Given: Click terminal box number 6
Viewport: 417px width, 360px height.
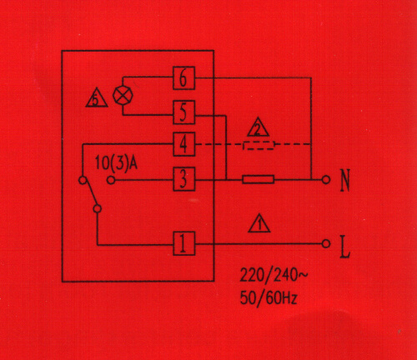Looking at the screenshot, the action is coord(183,78).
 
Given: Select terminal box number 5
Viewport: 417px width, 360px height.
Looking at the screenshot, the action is coord(183,112).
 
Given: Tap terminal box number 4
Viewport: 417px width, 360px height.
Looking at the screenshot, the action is coord(183,144).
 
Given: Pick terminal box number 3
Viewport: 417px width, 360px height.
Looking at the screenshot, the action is coord(183,179).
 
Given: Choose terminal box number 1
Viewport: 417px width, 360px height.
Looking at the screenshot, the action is coord(183,243).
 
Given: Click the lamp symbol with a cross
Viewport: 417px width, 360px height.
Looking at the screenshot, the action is coord(123,95).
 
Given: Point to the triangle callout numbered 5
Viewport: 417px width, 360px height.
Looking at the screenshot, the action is coord(97,97).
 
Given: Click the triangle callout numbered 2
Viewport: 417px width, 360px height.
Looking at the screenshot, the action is coord(258,127).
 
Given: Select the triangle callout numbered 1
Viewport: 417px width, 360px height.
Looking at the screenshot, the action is coord(259,223).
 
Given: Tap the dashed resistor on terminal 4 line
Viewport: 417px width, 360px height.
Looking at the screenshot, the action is coord(259,145).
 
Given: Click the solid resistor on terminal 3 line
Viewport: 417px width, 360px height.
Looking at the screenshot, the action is coord(259,179).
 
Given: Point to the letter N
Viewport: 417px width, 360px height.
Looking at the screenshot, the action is coord(345,180).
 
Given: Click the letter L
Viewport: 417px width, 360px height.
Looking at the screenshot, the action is coord(345,247).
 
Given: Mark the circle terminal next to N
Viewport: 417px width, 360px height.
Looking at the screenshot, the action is coord(326,180).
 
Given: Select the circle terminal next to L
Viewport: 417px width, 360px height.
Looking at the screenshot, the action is coord(326,244).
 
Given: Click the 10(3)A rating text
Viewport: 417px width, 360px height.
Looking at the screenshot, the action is coord(116,163).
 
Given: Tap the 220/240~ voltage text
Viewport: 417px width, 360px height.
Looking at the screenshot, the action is coord(274,275).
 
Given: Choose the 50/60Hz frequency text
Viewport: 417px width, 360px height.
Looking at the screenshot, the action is coord(269,298).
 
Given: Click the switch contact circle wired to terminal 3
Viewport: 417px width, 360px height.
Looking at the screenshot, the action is coord(111,181).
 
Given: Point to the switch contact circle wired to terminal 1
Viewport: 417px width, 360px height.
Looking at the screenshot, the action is coord(97,208).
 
